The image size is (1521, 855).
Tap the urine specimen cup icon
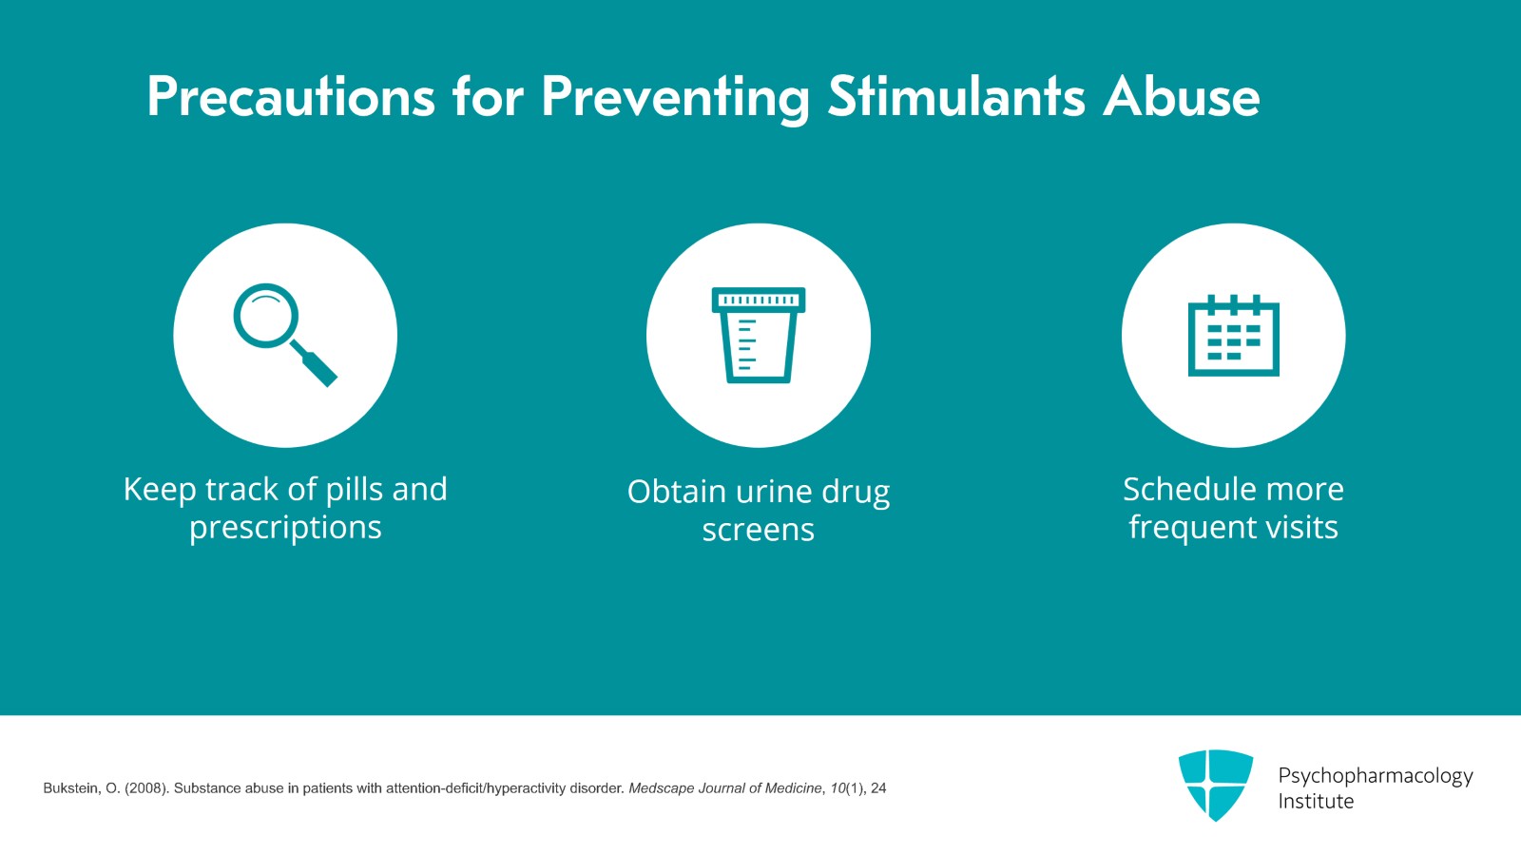point(759,335)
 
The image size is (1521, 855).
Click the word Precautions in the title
point(291,97)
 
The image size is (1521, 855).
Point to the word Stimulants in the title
point(955,97)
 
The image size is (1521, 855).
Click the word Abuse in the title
point(1181,97)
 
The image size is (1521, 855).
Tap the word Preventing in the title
point(675,97)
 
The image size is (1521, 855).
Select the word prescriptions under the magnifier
point(285,528)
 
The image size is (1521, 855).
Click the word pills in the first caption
point(355,489)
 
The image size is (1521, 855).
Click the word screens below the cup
point(758,530)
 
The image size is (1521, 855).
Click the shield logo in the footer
point(1215,784)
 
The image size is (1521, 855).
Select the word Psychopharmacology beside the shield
point(1375,776)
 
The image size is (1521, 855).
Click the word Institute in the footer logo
point(1316,802)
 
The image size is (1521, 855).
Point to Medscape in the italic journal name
point(661,788)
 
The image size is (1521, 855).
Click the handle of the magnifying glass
point(317,365)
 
